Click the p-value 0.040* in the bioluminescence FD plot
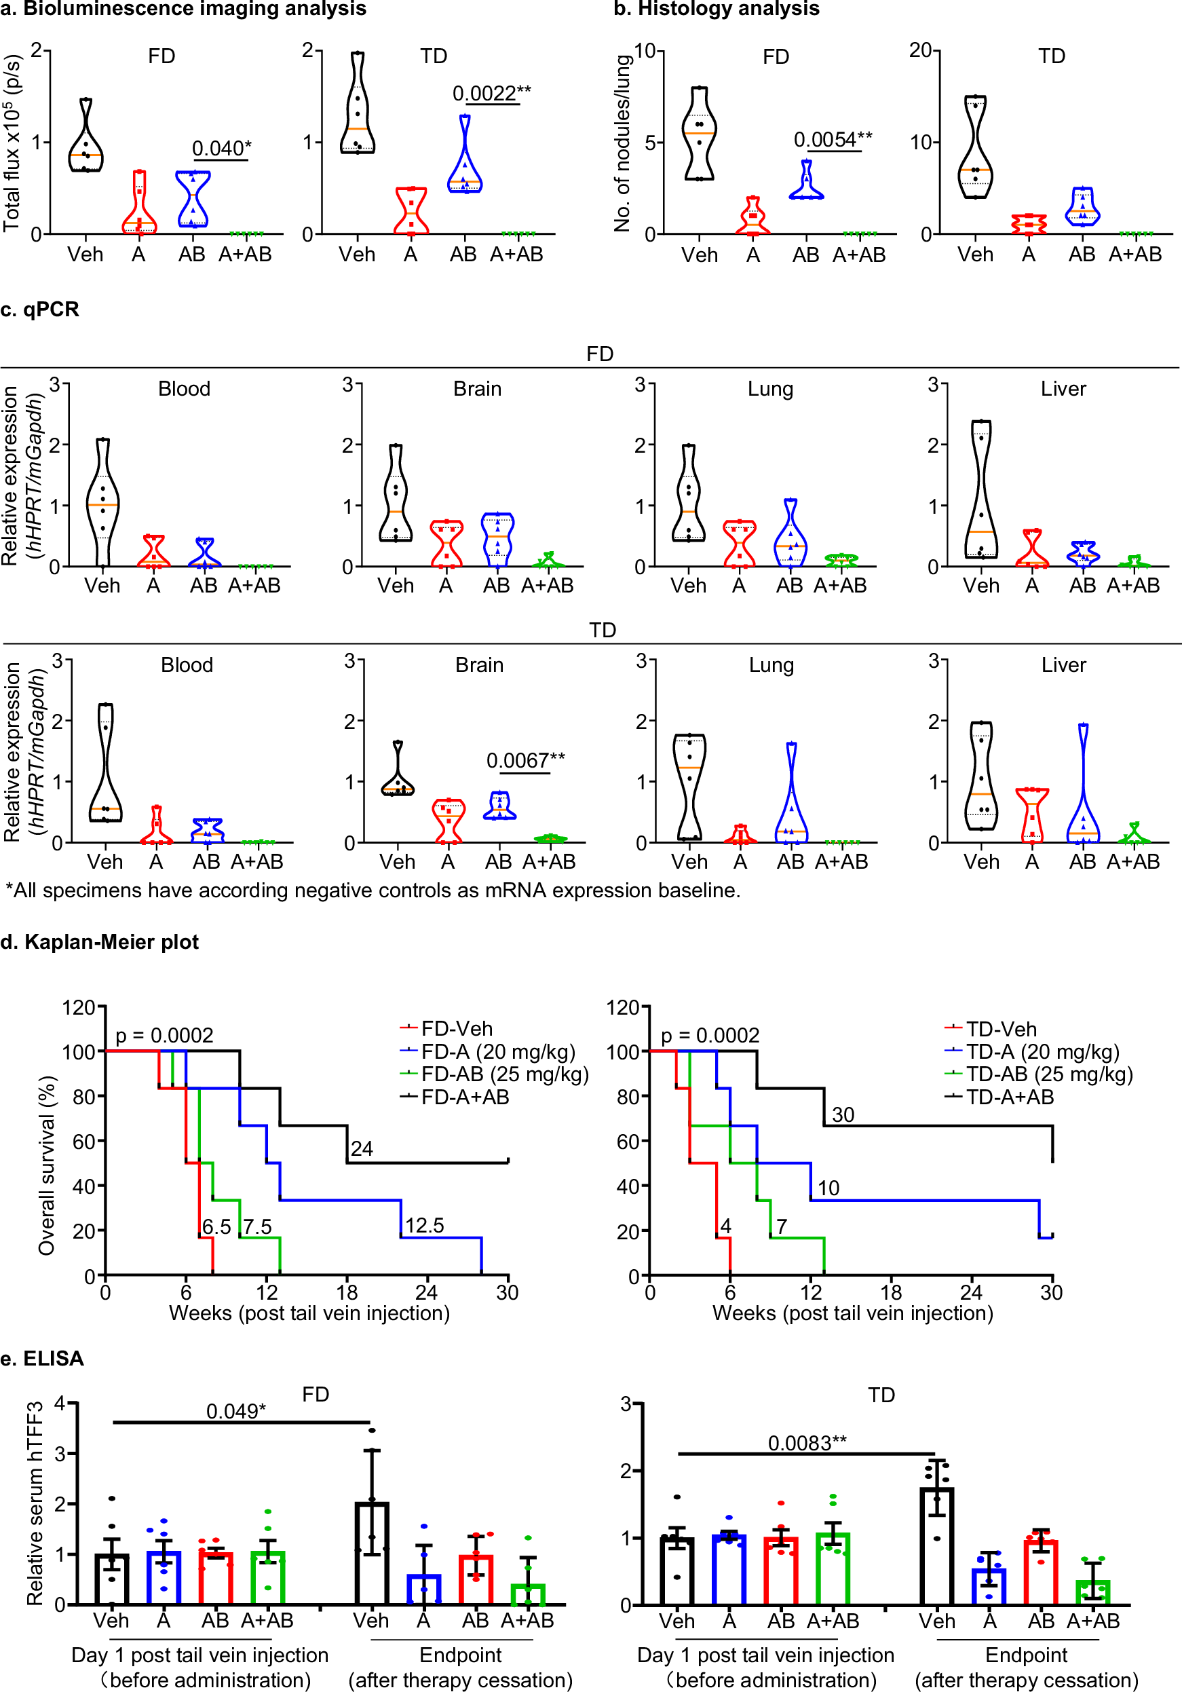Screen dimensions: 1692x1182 click(221, 148)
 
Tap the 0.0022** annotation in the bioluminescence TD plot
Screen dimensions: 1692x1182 click(491, 93)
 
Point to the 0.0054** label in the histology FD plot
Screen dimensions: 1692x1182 click(833, 139)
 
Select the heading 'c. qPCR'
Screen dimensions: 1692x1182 click(40, 309)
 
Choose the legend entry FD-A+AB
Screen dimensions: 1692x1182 click(465, 1097)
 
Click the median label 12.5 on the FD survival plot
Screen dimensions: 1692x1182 click(425, 1225)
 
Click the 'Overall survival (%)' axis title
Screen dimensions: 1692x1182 click(46, 1165)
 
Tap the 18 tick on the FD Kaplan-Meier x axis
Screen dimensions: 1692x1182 click(346, 1292)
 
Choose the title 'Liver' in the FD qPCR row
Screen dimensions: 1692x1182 click(1063, 388)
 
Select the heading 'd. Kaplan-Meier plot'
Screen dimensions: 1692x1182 click(100, 942)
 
